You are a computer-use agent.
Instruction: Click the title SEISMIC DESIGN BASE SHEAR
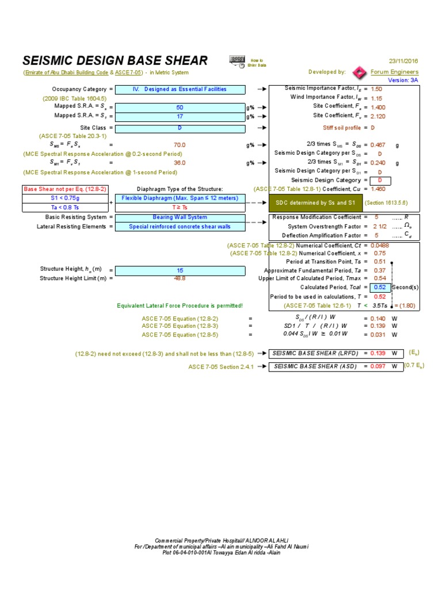115,61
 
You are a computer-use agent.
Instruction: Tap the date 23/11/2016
403,60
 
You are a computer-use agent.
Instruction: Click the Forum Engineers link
394,72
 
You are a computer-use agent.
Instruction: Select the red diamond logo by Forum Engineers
360,72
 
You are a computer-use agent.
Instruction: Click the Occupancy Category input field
180,89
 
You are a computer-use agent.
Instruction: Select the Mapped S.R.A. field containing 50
180,107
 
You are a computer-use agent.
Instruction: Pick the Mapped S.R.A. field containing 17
180,116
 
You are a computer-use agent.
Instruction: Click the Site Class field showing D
180,128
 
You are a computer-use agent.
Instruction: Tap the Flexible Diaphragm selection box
180,198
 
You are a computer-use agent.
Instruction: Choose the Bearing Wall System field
180,217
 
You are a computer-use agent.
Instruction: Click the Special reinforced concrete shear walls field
180,227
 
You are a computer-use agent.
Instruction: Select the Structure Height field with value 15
180,270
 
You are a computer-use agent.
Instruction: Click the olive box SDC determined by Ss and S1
315,202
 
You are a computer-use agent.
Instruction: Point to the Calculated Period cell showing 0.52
380,287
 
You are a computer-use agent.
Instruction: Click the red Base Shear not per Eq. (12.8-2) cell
64,189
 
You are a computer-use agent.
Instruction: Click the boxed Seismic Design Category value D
380,180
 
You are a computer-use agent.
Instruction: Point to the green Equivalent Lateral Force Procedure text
180,305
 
